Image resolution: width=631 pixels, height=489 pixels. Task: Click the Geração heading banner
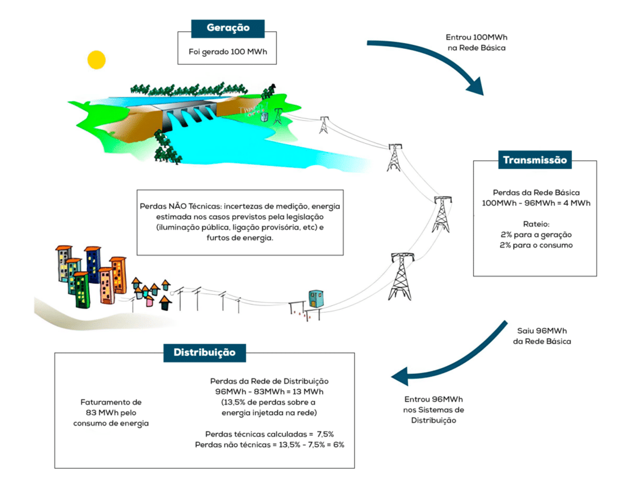228,29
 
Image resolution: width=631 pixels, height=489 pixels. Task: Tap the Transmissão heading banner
535,159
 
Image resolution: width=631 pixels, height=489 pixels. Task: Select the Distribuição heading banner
205,353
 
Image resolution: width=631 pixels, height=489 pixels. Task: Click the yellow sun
96,60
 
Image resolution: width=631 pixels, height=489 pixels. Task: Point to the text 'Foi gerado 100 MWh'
228,52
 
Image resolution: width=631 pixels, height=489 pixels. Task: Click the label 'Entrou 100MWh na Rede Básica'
477,43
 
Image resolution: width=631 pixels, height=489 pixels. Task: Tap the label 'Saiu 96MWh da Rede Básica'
542,336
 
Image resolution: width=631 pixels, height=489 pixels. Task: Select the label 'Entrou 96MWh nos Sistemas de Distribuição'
434,409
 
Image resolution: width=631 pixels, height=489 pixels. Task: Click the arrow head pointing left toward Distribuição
400,376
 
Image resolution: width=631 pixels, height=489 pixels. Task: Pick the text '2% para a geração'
536,235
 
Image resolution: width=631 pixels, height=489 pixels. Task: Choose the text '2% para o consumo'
536,245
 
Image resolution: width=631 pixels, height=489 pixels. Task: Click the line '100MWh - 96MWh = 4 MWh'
536,203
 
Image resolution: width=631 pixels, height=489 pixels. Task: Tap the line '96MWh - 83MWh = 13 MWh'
269,392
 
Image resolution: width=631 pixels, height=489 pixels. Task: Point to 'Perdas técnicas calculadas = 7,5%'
269,434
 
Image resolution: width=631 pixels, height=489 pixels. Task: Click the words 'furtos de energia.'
240,238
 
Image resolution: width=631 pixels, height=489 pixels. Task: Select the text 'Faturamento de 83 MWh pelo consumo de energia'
111,412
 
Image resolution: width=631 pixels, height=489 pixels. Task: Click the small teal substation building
316,298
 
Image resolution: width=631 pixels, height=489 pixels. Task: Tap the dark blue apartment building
93,264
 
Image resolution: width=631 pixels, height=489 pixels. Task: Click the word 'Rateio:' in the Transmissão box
536,224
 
